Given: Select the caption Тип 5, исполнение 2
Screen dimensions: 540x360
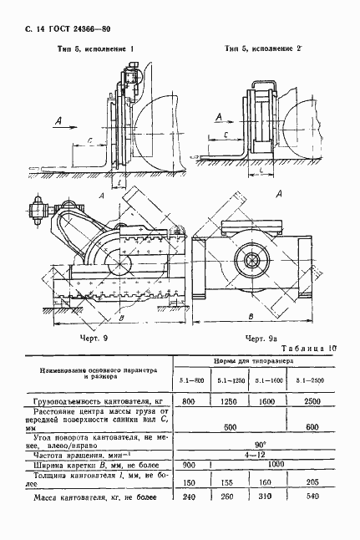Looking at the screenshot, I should pos(263,49).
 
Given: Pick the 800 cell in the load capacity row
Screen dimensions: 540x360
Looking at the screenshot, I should pos(190,402).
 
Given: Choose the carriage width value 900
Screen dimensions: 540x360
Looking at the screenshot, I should pos(189,466).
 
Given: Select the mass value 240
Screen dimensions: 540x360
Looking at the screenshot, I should pos(190,498).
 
